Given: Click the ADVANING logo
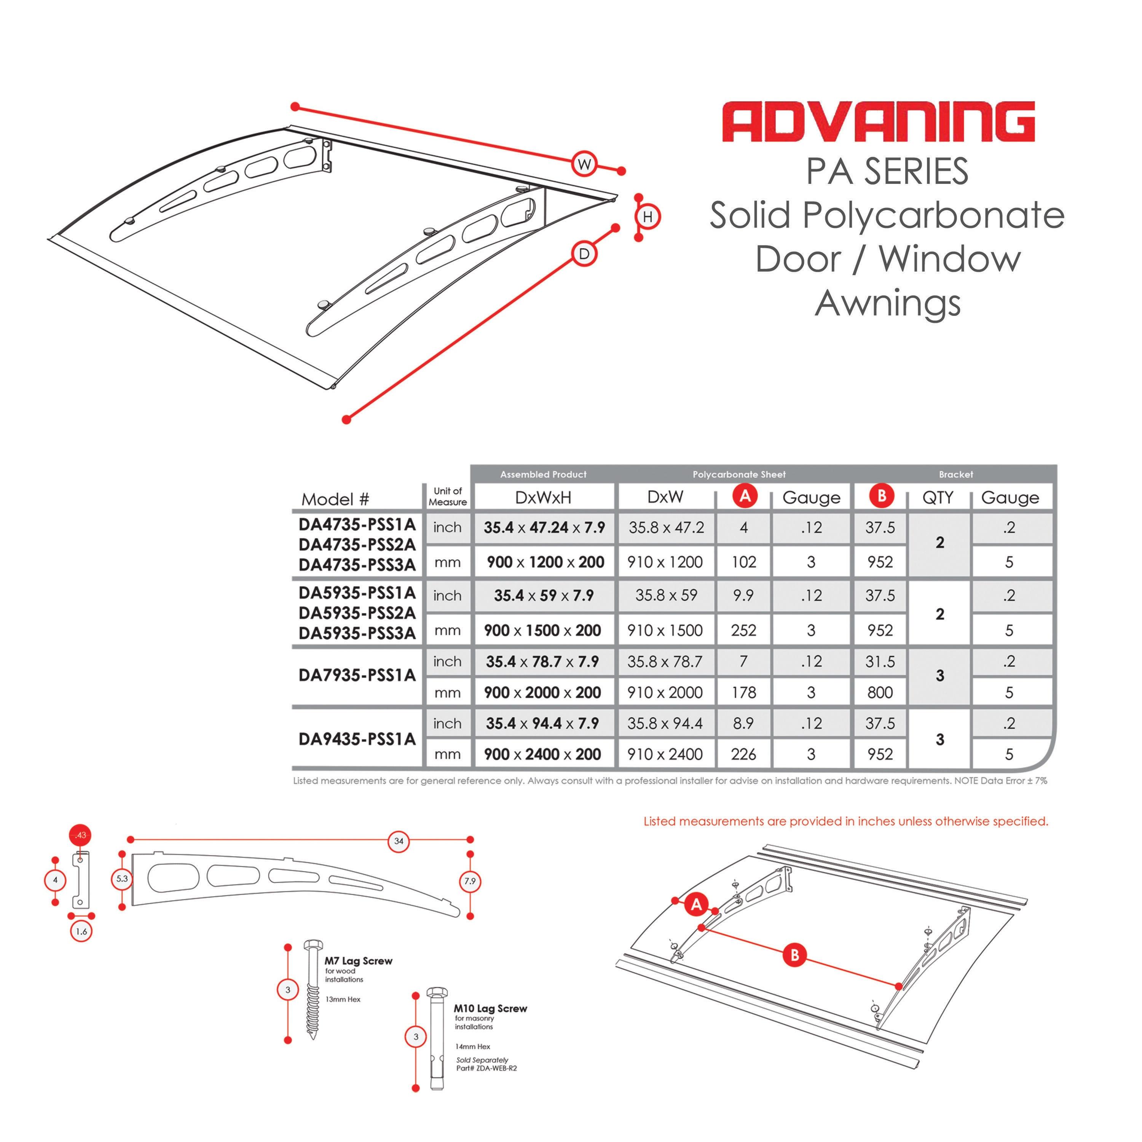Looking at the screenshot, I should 878,122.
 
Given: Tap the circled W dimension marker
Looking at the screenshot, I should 584,164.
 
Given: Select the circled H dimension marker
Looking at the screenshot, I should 648,217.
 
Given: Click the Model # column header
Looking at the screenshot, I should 335,499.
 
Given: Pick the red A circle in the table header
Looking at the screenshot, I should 745,496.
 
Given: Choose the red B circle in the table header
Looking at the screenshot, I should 881,496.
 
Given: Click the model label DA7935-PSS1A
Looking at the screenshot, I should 357,675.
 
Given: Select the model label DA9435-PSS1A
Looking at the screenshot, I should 357,739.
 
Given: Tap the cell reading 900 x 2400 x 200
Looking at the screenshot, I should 542,754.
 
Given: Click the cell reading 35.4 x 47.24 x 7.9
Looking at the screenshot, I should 544,527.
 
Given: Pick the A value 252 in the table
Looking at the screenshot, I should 743,630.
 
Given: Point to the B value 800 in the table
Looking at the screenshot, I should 880,692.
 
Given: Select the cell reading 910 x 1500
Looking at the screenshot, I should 665,630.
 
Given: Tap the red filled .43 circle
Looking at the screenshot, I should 80,835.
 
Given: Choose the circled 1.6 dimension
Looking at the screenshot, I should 81,931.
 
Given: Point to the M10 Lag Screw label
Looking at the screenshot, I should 490,1008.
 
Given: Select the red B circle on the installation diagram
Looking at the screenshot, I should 794,955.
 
